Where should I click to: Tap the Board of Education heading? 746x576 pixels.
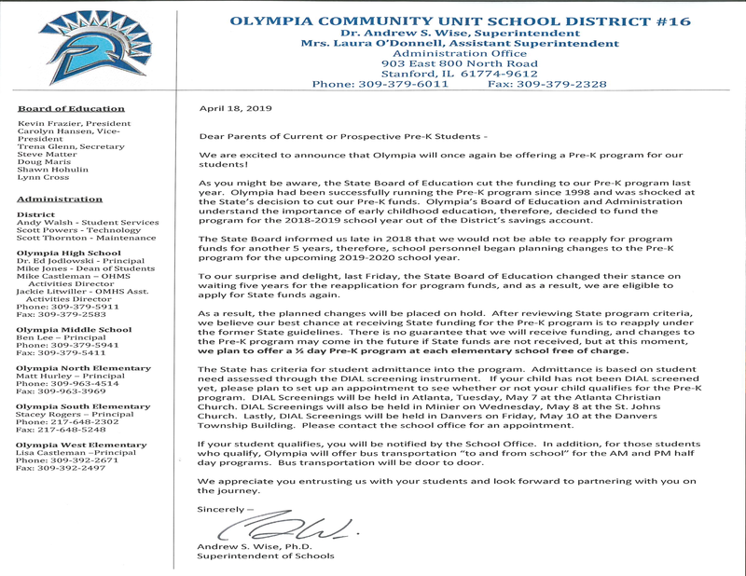pos(71,109)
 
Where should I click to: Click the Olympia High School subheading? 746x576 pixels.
pos(68,254)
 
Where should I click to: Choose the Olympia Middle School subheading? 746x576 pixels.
pos(74,329)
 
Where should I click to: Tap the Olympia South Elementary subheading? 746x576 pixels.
pos(83,406)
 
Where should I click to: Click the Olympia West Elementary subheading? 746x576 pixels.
pos(82,446)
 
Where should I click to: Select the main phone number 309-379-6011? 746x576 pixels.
pos(380,84)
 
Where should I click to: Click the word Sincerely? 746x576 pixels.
pos(225,509)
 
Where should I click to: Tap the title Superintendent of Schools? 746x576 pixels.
pos(266,556)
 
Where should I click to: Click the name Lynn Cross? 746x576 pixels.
pos(43,177)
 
